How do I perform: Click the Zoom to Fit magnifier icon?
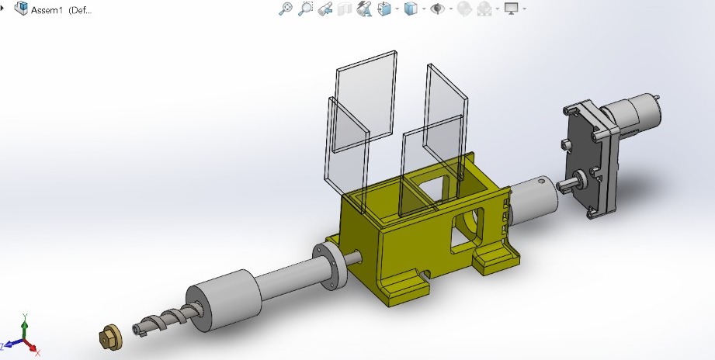pos(286,9)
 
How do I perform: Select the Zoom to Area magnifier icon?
pos(305,9)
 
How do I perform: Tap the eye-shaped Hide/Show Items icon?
pos(437,9)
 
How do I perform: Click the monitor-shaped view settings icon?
pos(512,9)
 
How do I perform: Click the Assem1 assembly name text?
pos(47,10)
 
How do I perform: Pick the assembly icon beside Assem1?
pos(21,9)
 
